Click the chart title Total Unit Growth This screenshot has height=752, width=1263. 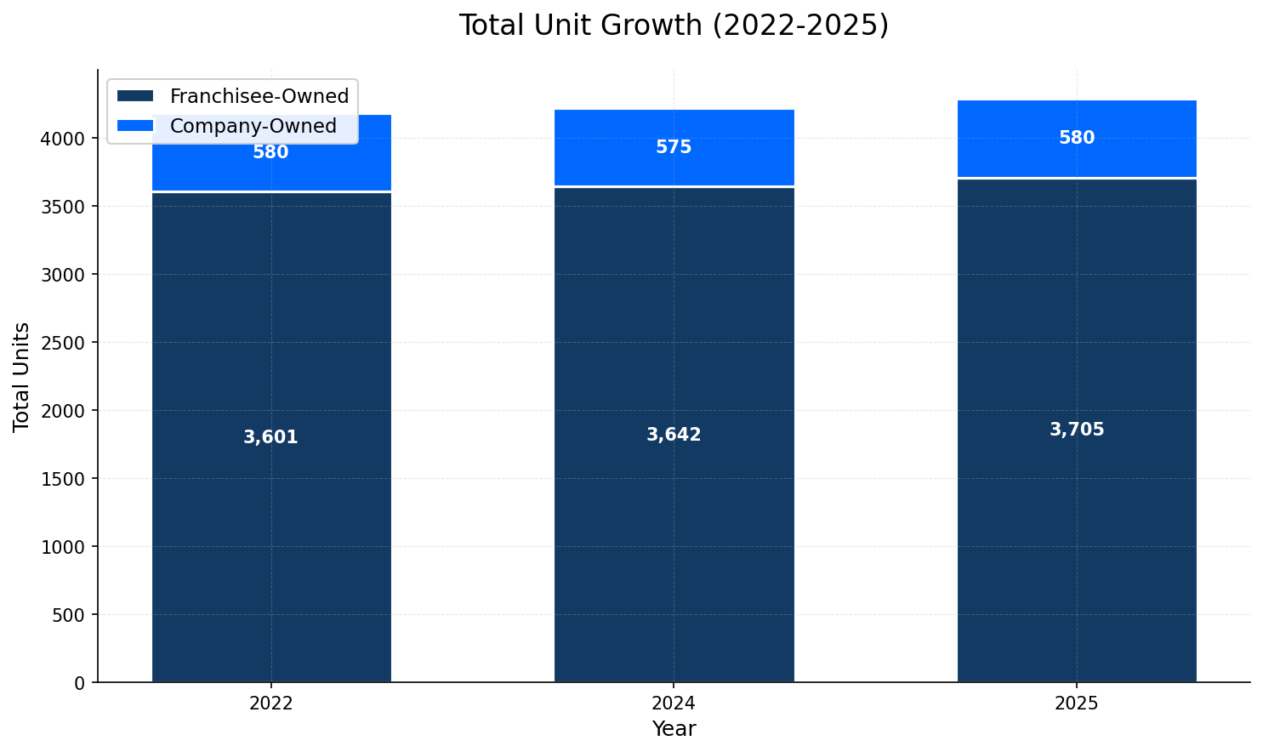click(x=673, y=26)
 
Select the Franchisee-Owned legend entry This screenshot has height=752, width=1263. click(x=259, y=96)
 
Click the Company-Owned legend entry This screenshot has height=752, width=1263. click(x=253, y=126)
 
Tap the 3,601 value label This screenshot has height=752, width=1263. click(x=270, y=437)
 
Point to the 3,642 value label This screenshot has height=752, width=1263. click(x=674, y=435)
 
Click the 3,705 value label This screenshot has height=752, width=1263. click(x=1076, y=430)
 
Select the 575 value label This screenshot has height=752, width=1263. click(x=674, y=147)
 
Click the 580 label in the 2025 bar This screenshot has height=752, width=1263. click(x=1076, y=138)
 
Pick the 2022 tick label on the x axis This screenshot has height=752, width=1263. click(x=270, y=704)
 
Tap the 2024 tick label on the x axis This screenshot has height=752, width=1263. click(x=674, y=704)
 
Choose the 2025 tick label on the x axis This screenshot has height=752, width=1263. click(x=1076, y=704)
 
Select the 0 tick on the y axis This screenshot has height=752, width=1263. click(x=79, y=683)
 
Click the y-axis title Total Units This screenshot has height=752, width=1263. click(x=22, y=377)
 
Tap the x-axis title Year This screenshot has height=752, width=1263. click(x=674, y=729)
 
